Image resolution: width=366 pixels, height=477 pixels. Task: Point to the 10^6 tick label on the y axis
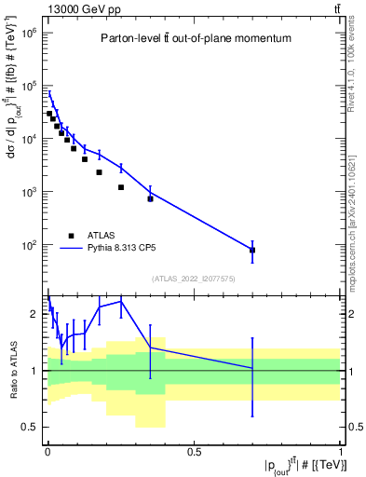[28, 33]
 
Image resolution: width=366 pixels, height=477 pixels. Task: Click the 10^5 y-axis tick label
[28, 86]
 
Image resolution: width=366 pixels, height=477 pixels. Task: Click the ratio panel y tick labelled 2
[34, 314]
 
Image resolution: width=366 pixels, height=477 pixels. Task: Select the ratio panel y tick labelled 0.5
[31, 427]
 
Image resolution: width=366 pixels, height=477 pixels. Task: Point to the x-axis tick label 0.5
[194, 453]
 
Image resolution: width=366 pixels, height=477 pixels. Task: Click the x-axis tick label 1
[340, 453]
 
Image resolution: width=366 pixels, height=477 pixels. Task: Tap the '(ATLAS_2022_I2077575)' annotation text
[194, 278]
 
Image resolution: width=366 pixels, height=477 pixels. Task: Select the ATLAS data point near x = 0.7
[252, 251]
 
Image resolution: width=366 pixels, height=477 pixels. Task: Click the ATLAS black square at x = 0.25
[121, 187]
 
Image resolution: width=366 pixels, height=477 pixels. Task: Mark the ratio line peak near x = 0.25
[121, 301]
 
